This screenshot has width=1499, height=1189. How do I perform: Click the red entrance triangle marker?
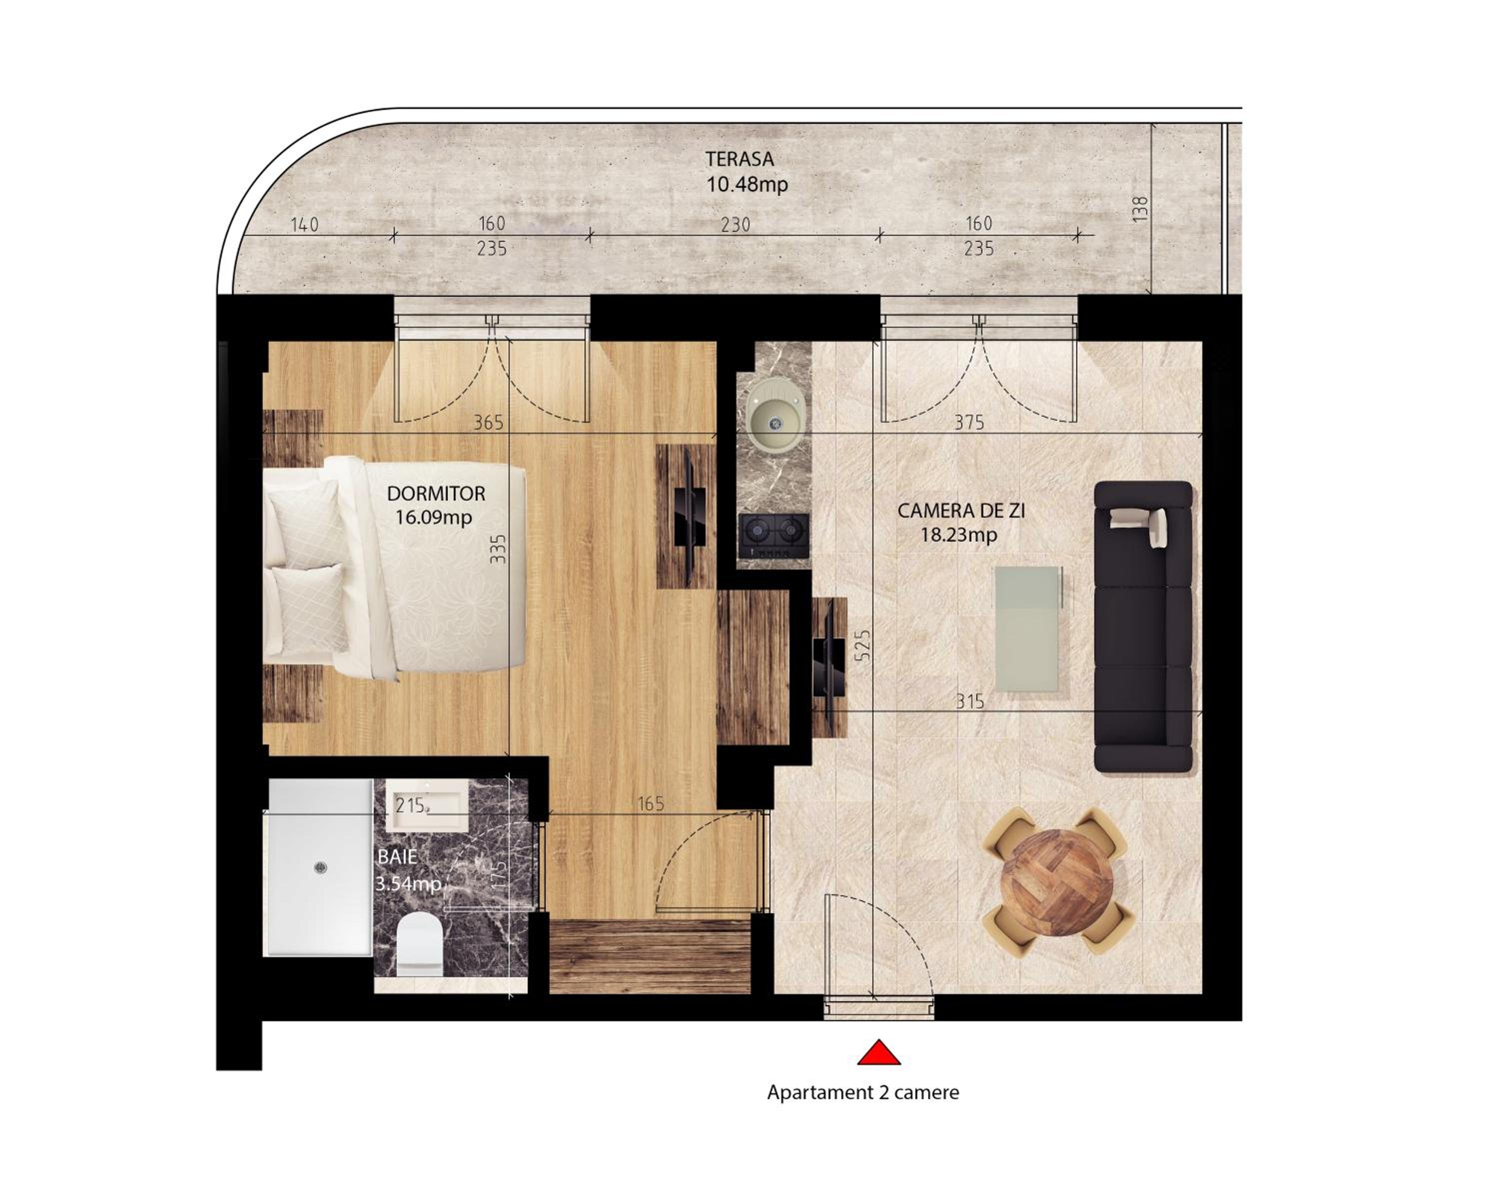click(879, 1054)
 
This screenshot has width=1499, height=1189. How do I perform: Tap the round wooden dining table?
click(1057, 882)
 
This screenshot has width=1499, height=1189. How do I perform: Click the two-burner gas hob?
click(774, 536)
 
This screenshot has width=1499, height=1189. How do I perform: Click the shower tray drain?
click(320, 867)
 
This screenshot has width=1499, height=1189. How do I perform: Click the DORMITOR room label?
click(436, 494)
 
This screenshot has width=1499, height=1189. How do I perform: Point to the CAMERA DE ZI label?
click(961, 511)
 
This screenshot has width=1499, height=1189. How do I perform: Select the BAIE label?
click(398, 857)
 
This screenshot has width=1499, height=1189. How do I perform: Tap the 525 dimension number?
click(861, 645)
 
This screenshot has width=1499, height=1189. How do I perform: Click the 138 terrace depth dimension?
click(1141, 209)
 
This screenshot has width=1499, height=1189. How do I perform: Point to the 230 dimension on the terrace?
click(736, 225)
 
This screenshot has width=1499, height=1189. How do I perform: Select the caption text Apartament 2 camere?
click(863, 1093)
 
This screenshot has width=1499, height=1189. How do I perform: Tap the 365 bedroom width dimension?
click(488, 422)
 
